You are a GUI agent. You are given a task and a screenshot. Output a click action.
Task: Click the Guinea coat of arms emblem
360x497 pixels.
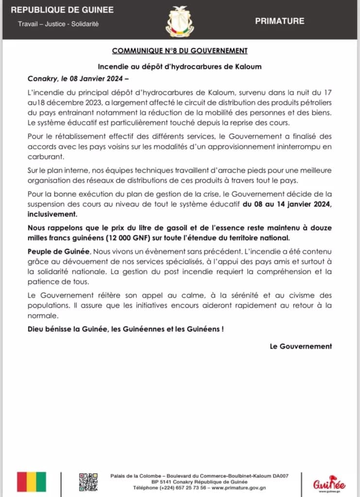179,21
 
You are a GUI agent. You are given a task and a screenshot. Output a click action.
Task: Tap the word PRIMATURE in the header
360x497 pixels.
279,21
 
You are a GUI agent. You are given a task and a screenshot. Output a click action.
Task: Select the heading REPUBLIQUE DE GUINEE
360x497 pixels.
62,10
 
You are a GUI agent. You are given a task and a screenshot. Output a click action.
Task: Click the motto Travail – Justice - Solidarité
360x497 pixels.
58,24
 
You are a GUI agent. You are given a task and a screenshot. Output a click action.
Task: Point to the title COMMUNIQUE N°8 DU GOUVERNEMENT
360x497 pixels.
180,50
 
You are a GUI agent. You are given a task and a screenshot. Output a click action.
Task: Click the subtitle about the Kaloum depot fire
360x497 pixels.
180,66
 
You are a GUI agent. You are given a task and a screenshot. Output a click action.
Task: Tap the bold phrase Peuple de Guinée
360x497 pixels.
52,254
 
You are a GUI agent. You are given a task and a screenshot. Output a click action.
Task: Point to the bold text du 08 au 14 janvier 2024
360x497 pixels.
287,204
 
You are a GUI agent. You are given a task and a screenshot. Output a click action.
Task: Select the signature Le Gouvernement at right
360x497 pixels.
301,346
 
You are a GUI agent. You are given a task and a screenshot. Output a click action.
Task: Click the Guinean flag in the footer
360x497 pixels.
32,481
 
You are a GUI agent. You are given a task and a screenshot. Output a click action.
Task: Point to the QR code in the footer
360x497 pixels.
88,481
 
